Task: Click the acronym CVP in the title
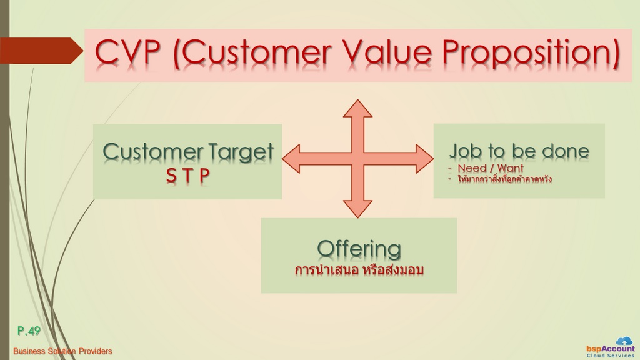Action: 127,52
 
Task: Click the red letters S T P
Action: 187,176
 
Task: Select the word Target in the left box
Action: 241,152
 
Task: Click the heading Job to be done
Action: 519,151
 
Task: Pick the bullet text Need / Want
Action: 490,167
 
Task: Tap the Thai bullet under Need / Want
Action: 504,179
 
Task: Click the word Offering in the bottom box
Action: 359,249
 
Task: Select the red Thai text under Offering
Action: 359,270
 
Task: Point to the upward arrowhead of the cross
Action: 358,108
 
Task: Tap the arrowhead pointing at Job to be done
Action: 425,158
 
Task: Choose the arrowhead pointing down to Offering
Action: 358,209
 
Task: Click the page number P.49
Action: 29,331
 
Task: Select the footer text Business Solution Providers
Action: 62,351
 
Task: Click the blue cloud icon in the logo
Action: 624,341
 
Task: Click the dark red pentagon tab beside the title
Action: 41,51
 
